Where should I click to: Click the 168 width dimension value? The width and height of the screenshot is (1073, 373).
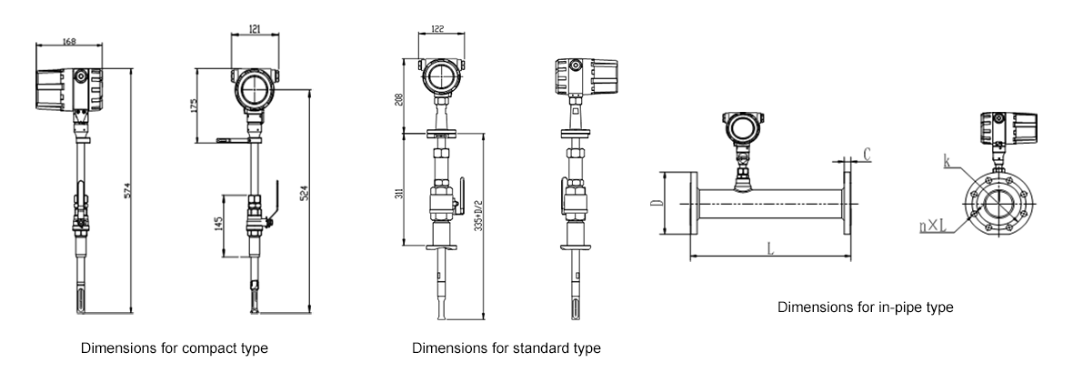[68, 40]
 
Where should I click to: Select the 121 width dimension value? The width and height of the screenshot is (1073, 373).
[255, 30]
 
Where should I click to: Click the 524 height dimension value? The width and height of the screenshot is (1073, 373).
[302, 197]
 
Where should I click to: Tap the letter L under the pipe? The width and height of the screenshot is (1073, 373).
[771, 247]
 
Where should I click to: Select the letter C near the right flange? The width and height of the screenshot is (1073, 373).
[867, 156]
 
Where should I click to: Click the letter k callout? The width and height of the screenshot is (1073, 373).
[948, 164]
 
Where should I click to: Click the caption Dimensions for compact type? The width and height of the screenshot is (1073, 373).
[175, 348]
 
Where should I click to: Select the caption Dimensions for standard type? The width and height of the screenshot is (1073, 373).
[506, 348]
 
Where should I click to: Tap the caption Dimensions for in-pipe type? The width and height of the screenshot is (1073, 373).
[866, 307]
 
